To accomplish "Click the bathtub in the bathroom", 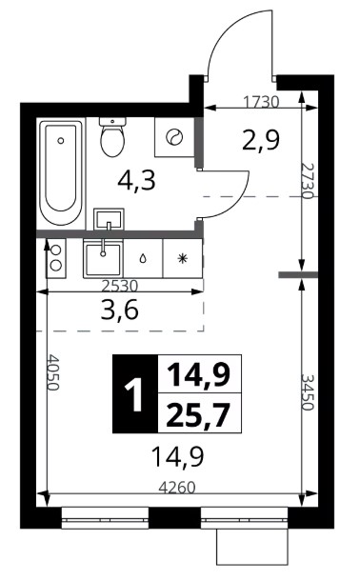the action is [x=61, y=173].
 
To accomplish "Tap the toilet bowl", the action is [x=112, y=137].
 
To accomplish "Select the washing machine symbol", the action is [x=174, y=137].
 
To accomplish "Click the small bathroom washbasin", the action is [x=109, y=219].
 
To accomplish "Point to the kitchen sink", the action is [x=103, y=256].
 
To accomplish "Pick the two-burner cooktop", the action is [x=56, y=258].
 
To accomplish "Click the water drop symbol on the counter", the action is [x=143, y=259].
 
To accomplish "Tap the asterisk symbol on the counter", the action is [x=182, y=259].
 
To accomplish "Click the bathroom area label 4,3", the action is [x=136, y=181].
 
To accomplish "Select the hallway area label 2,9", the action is [x=260, y=140].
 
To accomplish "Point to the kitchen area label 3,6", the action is [x=120, y=310].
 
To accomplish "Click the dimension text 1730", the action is [x=261, y=102].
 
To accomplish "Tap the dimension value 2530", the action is [x=120, y=286].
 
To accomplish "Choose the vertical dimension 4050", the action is [x=53, y=373].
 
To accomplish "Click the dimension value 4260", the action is [x=177, y=488].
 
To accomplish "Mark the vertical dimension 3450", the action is [x=307, y=392].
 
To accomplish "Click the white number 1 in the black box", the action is [x=135, y=394].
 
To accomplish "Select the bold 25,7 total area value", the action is [x=198, y=415].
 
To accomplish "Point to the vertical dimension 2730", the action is [x=307, y=181].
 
